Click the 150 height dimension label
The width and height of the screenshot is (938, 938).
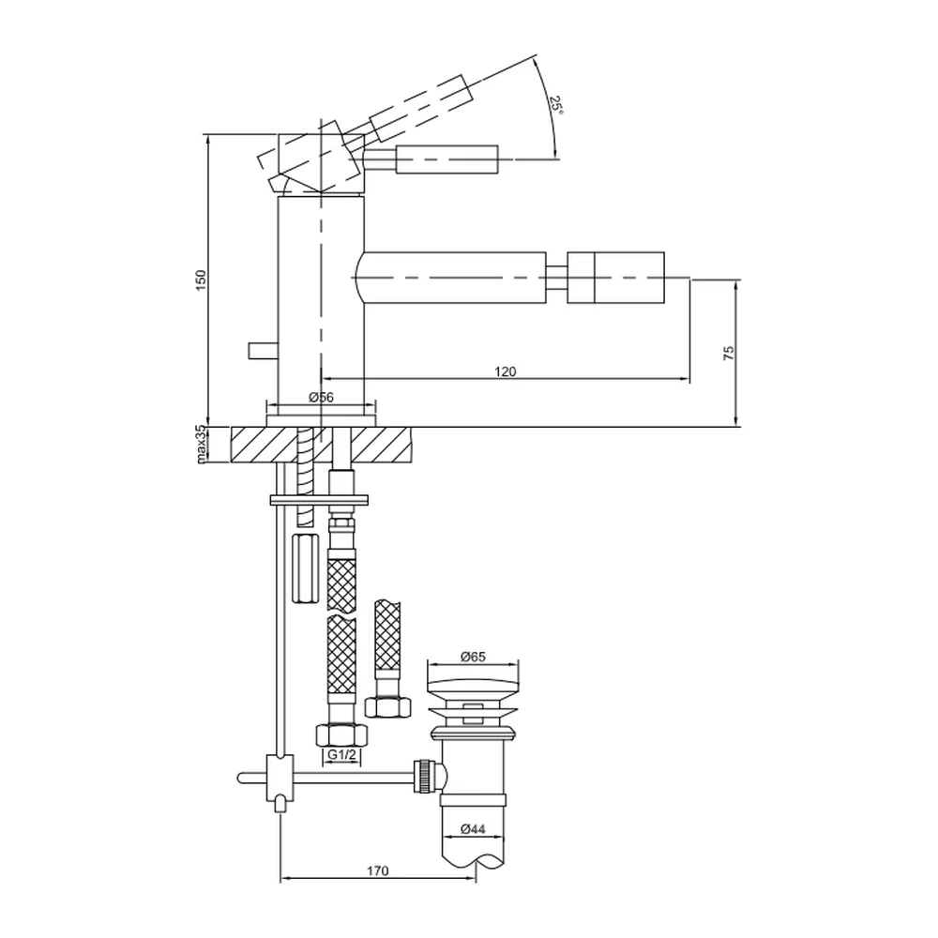point(201,280)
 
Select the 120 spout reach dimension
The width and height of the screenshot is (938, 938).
point(505,371)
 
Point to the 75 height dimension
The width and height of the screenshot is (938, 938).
point(729,353)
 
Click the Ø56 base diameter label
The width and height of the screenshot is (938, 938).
point(321,397)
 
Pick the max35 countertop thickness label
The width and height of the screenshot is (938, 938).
point(201,444)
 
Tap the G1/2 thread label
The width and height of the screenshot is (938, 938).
point(341,755)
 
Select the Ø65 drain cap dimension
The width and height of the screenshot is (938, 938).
point(473,657)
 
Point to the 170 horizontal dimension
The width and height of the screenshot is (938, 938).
point(377,870)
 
